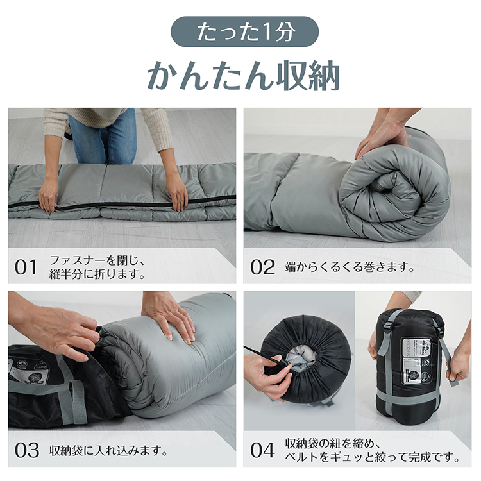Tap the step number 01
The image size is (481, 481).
pyautogui.click(x=26, y=267)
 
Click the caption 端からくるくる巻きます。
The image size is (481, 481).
pyautogui.click(x=350, y=267)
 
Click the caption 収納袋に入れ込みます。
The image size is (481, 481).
pyautogui.click(x=109, y=450)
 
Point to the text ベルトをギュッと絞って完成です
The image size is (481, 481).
pyautogui.click(x=372, y=457)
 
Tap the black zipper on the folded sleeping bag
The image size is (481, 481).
pyautogui.click(x=122, y=204)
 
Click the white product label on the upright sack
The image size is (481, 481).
pyautogui.click(x=416, y=362)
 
